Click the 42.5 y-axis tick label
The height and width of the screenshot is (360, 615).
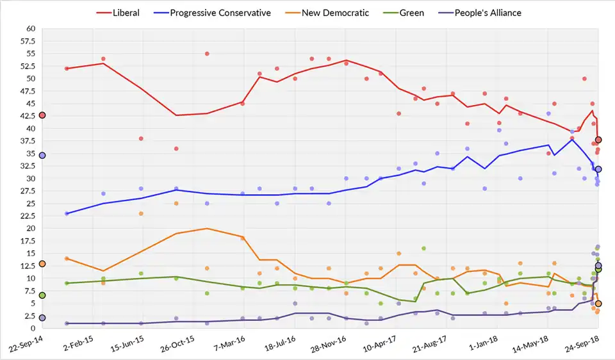27,116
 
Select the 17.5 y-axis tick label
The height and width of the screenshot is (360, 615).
27,241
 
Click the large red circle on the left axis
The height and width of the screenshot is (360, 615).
42,115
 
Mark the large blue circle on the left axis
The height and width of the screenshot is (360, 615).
42,156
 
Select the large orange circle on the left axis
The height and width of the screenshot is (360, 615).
42,264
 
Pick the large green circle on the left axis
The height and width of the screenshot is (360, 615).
42,295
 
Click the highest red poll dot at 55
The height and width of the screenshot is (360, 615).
207,54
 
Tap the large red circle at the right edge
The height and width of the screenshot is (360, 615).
598,140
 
